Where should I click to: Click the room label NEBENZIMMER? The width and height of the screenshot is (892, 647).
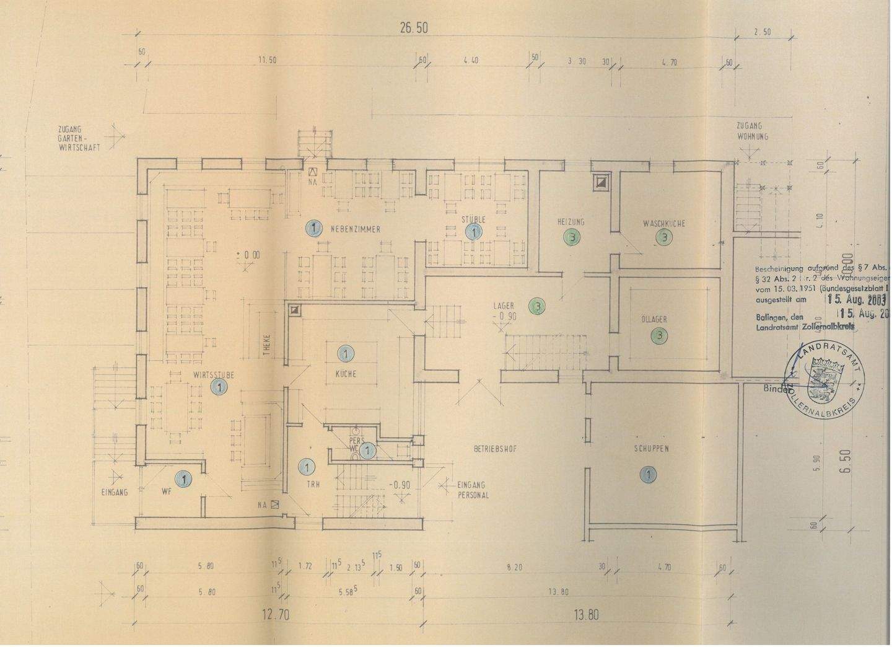point(355,229)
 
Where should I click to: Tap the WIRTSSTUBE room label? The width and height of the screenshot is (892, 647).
point(213,375)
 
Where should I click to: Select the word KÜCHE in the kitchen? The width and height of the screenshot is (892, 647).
point(346,374)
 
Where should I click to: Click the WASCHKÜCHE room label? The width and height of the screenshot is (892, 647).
point(663,223)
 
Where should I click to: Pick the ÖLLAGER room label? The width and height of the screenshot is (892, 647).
point(654,320)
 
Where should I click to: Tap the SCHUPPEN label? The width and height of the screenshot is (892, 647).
point(650,449)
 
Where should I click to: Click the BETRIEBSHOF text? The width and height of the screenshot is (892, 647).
point(495,449)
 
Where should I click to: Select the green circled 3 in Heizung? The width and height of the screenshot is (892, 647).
point(571,237)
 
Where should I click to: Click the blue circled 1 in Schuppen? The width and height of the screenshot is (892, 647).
point(647,475)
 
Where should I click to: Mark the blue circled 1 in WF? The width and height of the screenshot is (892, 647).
point(183,478)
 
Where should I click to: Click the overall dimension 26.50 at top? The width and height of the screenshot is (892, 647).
point(414,28)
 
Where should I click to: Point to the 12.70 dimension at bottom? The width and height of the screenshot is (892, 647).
point(274,615)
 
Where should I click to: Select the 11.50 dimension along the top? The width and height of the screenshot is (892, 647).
point(267,60)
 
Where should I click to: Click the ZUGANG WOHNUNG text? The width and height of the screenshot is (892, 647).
point(752,131)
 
